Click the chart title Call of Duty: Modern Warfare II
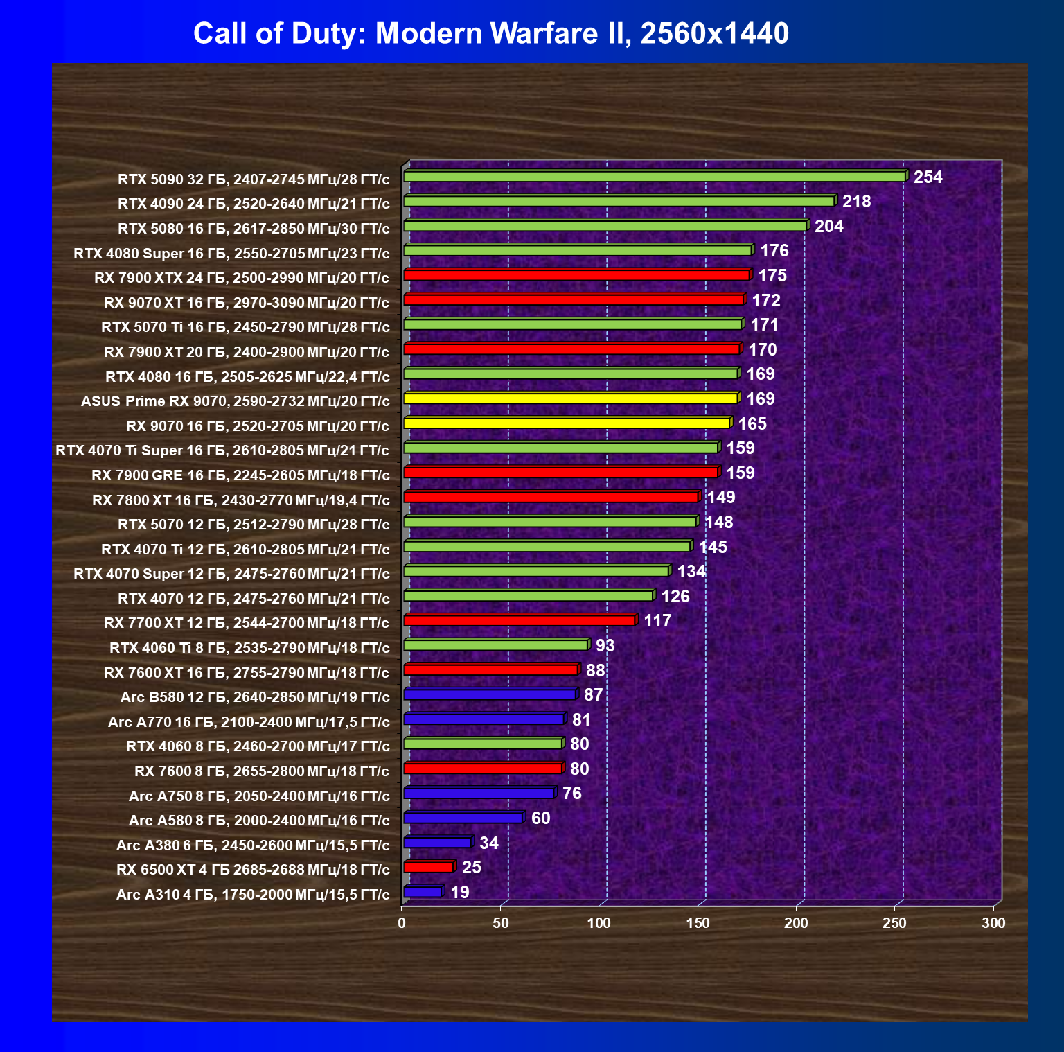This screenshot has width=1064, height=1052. point(490,33)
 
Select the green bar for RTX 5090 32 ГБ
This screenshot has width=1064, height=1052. point(654,177)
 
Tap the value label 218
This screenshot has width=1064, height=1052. point(856,202)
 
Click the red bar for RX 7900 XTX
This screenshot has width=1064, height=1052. point(576,275)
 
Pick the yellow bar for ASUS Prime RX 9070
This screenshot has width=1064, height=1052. point(570,398)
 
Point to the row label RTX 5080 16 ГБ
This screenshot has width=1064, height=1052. point(254,229)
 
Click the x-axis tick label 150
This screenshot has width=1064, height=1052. point(698,923)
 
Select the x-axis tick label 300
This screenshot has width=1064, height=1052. point(993,923)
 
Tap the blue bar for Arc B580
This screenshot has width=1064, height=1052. point(489,694)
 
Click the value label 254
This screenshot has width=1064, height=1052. point(928,177)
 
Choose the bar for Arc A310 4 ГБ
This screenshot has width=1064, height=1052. point(422,892)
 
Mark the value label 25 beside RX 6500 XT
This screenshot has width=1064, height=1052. point(471,868)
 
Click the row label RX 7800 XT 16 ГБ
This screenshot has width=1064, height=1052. point(240,500)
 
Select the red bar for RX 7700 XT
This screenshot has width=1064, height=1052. point(519,620)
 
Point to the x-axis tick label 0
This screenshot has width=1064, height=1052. point(402,923)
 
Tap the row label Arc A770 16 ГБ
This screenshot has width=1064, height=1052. point(249,722)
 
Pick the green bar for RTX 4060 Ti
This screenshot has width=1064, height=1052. point(495,645)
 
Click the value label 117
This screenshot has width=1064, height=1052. point(657,621)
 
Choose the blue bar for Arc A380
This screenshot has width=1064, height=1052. point(437,843)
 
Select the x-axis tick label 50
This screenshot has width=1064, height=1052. point(500,923)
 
